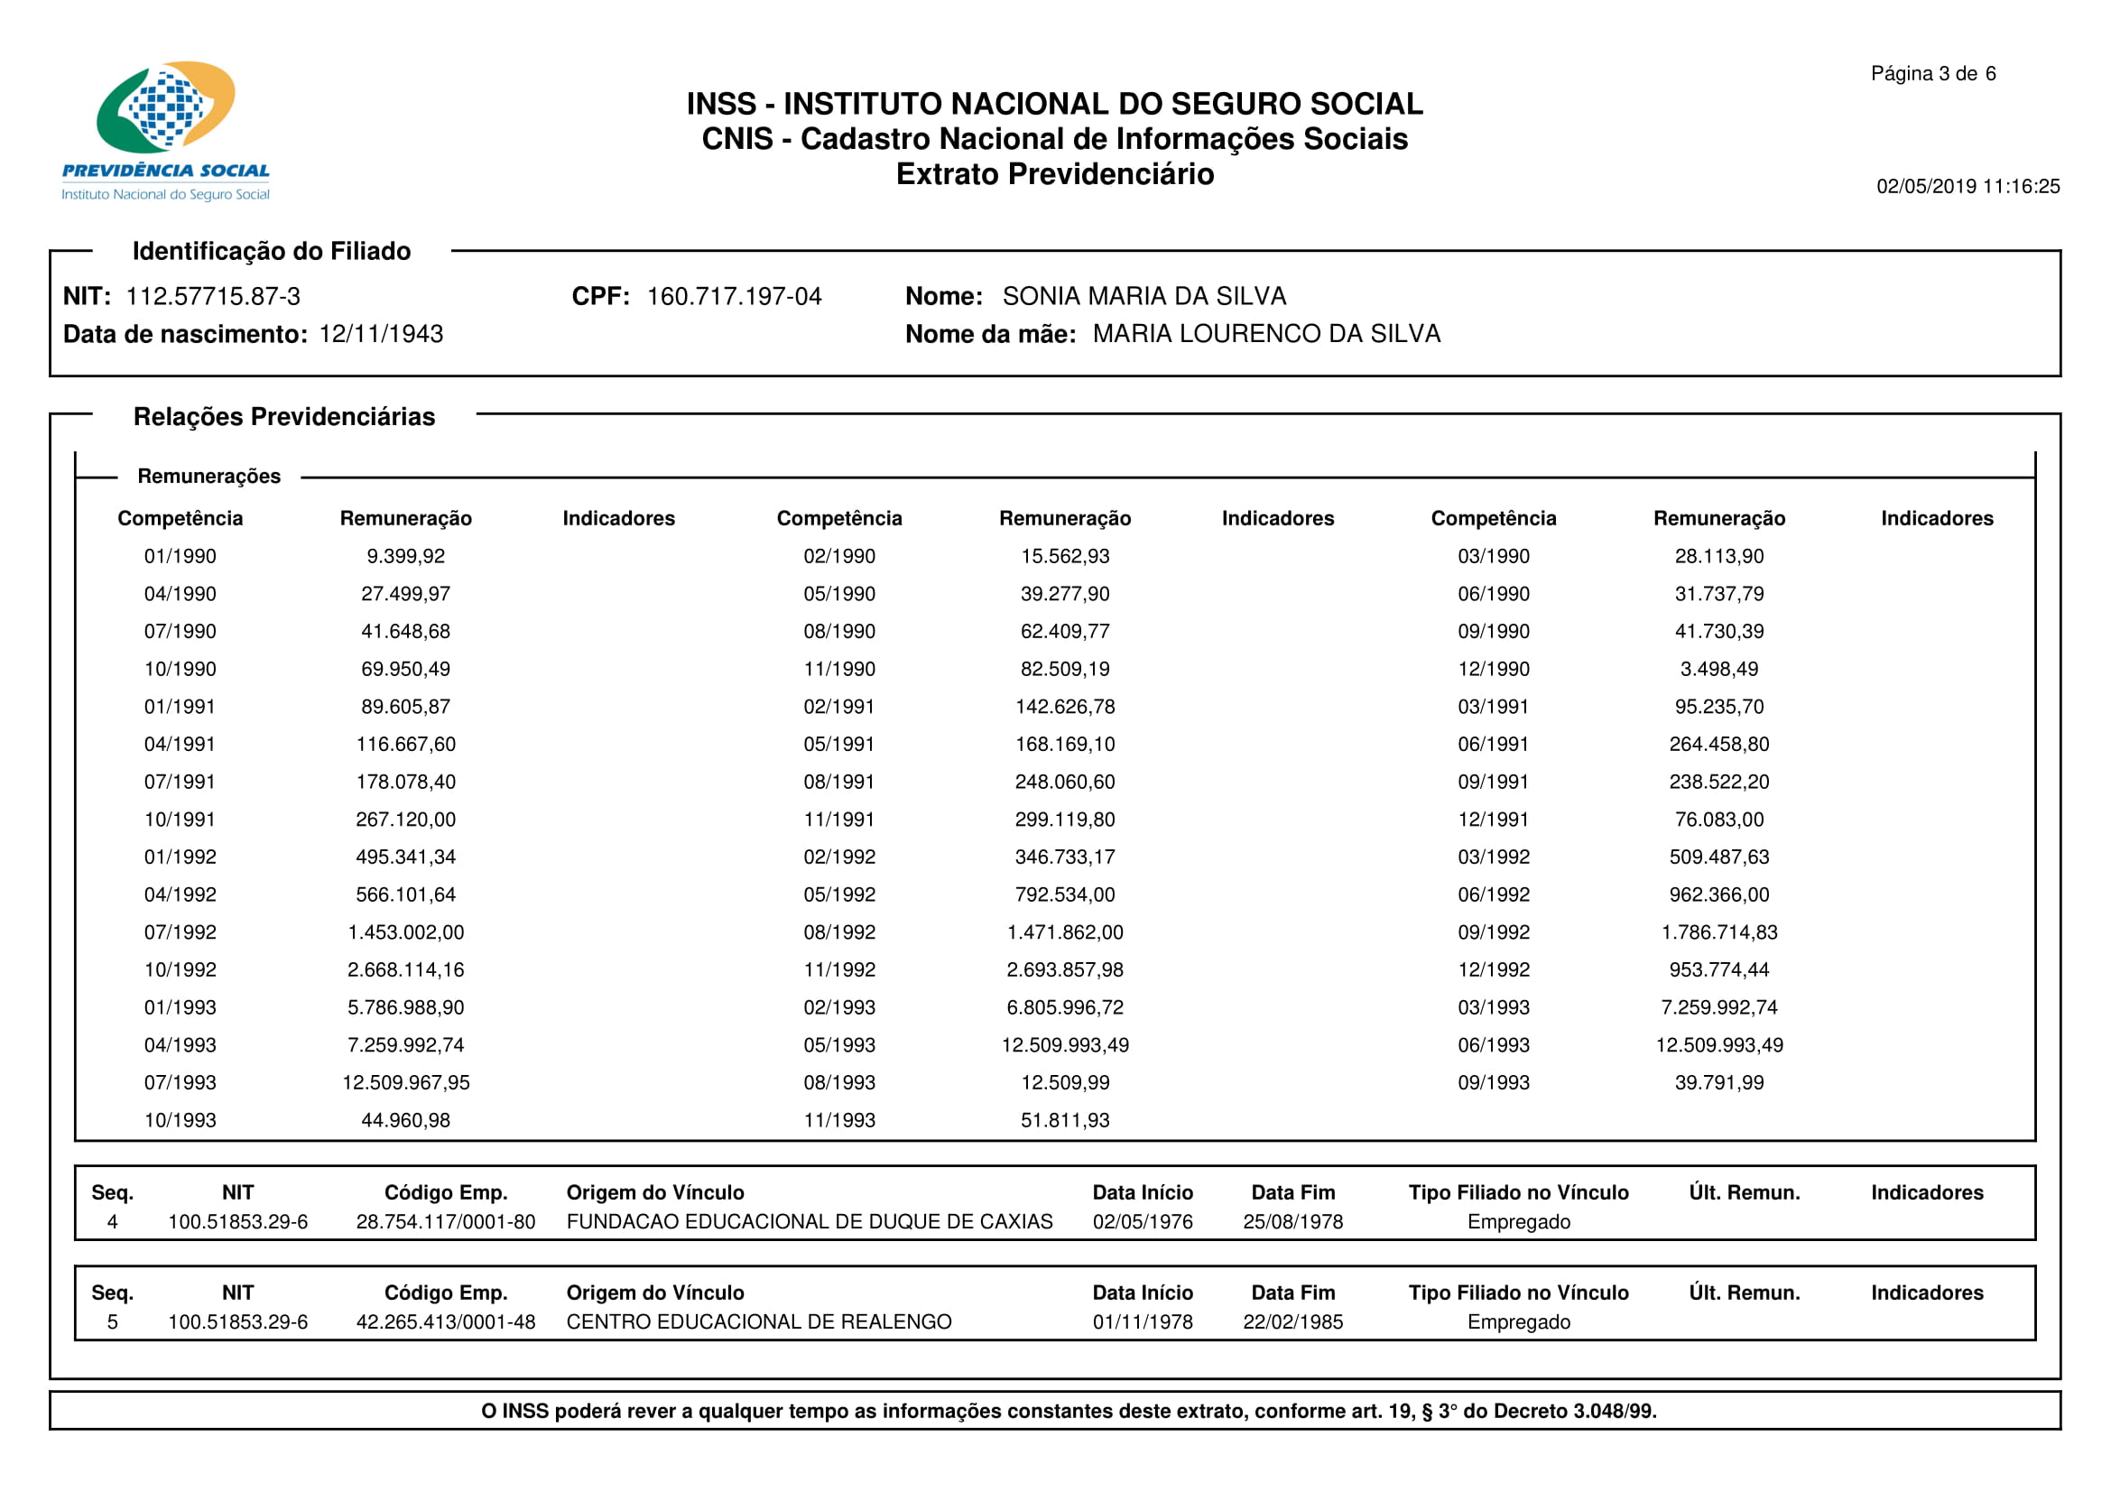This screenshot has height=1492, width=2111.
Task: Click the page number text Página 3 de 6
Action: [x=1932, y=73]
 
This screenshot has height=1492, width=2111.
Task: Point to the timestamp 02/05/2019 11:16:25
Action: [x=1967, y=187]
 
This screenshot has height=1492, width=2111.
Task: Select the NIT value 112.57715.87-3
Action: [x=212, y=296]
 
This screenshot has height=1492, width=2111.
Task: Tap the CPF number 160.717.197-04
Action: [x=734, y=296]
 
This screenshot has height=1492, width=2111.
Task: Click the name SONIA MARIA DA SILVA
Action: [x=1143, y=296]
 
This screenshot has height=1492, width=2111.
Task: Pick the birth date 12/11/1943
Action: [x=381, y=334]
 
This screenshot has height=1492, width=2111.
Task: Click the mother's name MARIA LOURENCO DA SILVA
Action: [x=1266, y=334]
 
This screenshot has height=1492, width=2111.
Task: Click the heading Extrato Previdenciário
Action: [x=1054, y=173]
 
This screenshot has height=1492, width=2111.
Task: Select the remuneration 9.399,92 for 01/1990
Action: [x=405, y=556]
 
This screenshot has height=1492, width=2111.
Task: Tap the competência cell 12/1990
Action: [x=1493, y=669]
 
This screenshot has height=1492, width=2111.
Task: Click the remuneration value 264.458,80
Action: [x=1718, y=745]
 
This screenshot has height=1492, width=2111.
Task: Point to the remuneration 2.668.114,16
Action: [x=405, y=970]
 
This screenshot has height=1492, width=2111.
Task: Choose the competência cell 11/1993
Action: [x=838, y=1121]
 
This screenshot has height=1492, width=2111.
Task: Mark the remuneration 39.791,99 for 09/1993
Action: [x=1718, y=1083]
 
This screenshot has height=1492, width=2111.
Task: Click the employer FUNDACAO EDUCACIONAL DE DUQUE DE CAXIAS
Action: [x=809, y=1222]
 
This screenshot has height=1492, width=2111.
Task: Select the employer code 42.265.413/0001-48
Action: [x=445, y=1322]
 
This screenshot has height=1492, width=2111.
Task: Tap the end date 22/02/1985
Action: [x=1292, y=1322]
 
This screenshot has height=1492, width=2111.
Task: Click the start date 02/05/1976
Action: [x=1142, y=1222]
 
